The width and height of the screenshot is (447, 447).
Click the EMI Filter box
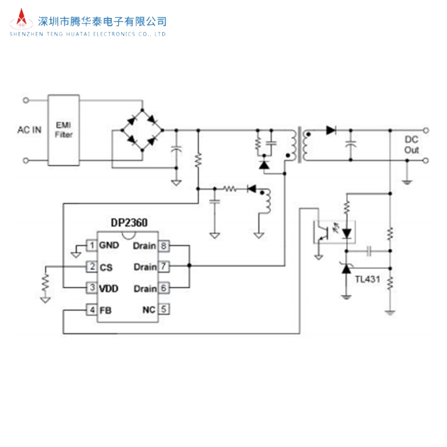64,130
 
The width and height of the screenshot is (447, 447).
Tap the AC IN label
29,130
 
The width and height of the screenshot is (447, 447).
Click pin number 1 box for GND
92,245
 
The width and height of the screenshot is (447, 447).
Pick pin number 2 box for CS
92,267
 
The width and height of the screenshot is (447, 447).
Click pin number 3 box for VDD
92,289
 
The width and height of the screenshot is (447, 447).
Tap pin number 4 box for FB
92,310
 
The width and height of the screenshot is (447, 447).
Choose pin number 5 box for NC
164,310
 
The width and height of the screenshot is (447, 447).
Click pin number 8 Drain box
164,245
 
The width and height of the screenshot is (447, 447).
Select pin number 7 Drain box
164,267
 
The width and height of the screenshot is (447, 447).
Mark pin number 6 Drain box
164,289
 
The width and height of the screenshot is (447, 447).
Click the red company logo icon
22,22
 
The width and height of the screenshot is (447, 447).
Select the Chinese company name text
103,21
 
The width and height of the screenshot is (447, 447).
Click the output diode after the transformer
331,130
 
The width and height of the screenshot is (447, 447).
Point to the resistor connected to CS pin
45,282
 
